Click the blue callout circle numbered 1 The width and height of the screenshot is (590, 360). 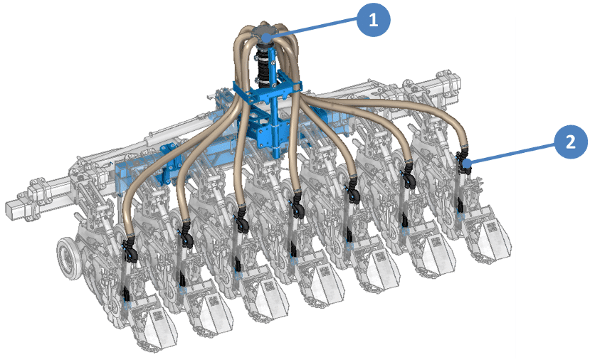click(x=373, y=19)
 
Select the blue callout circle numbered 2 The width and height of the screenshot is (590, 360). click(x=571, y=142)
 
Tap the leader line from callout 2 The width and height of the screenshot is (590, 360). click(x=511, y=153)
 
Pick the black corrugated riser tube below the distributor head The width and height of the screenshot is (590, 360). click(x=265, y=63)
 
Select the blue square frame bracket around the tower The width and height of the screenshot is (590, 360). click(x=266, y=91)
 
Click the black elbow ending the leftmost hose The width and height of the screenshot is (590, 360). click(x=130, y=249)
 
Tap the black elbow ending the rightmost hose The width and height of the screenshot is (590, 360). click(x=463, y=159)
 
